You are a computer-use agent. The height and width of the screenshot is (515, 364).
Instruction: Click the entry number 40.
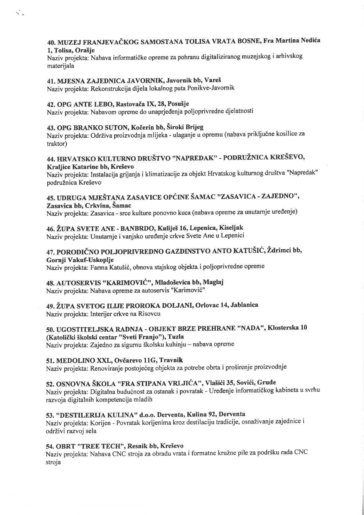click(x=51, y=44)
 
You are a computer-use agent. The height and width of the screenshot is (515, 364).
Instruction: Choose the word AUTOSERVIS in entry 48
click(x=76, y=283)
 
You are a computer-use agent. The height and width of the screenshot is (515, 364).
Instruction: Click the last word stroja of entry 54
click(x=53, y=462)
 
